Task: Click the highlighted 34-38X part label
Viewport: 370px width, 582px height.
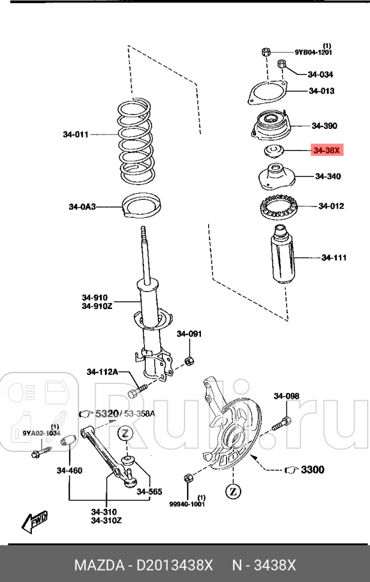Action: click(x=326, y=151)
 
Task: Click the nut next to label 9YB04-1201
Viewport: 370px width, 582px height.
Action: click(x=265, y=52)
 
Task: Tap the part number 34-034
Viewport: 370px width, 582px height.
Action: click(x=320, y=75)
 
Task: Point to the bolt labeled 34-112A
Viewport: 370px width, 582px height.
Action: click(x=134, y=393)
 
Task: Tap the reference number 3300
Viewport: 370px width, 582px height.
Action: click(x=312, y=469)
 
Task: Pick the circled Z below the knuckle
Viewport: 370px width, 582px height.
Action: click(x=232, y=492)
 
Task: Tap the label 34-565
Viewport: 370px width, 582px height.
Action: click(x=149, y=492)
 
